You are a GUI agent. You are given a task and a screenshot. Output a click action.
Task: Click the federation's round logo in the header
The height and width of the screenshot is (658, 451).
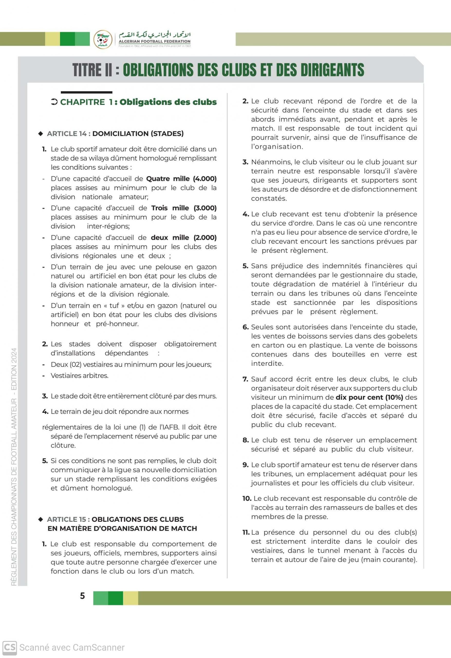(103, 39)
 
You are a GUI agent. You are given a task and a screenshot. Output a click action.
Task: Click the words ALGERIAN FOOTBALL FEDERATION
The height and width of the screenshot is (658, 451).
(154, 41)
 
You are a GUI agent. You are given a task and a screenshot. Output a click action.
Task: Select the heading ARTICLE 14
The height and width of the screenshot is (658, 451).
(67, 134)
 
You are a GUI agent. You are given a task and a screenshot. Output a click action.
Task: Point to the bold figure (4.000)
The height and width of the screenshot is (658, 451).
(205, 179)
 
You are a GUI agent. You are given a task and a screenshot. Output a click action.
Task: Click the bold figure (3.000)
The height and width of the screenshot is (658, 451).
(205, 208)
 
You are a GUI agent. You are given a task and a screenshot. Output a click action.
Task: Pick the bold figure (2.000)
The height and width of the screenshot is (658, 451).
(205, 237)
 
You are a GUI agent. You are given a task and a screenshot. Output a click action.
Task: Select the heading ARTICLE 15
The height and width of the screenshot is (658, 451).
(67, 519)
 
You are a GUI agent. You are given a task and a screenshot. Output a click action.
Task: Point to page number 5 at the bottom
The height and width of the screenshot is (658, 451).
(82, 596)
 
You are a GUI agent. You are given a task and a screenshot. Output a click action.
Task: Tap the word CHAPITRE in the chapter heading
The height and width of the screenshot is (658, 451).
(82, 102)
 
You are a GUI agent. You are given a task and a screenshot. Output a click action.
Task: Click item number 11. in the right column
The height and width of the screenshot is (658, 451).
(246, 532)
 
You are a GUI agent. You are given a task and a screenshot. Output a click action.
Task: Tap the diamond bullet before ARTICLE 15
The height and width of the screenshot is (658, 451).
(41, 519)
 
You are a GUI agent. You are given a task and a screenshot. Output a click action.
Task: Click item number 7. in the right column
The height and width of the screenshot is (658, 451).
(245, 379)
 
